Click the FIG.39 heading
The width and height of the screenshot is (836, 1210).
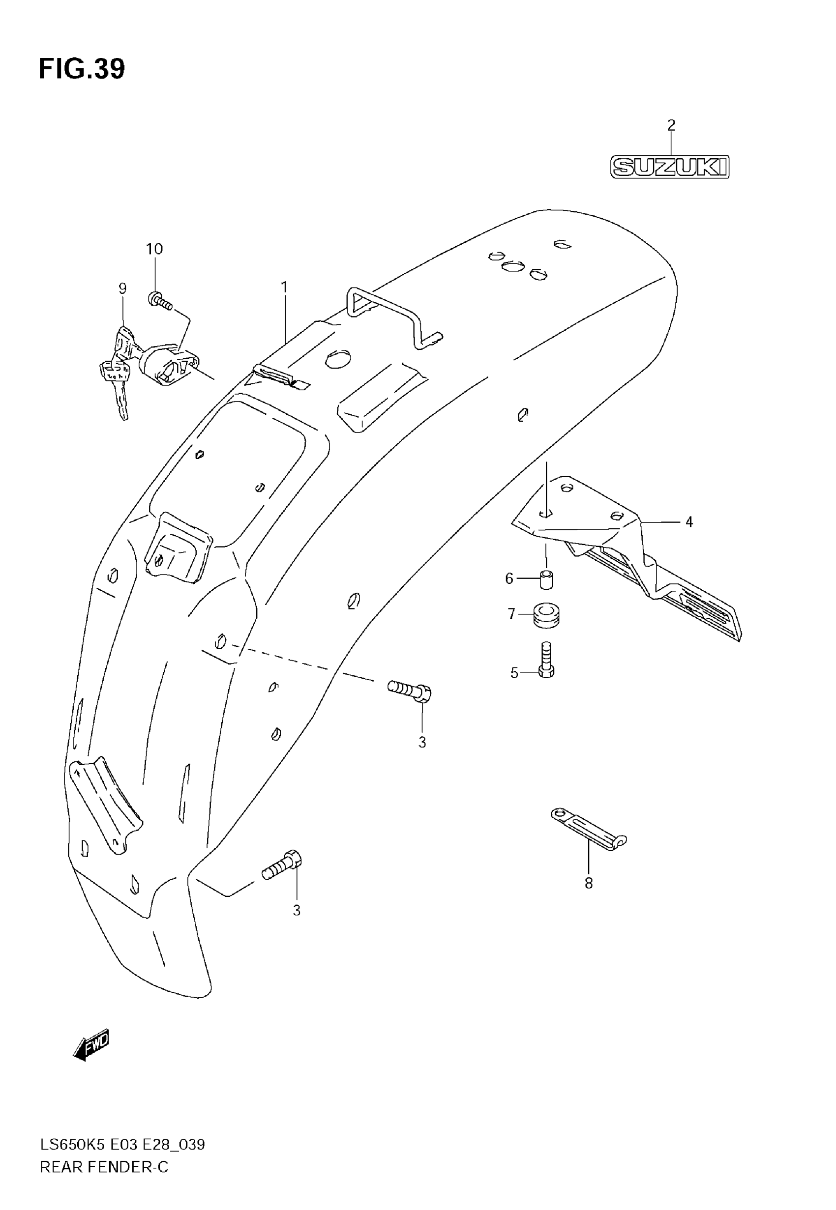point(82,69)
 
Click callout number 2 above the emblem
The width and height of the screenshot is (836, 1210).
point(671,126)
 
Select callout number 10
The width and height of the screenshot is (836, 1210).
point(154,249)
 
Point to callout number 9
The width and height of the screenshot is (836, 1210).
point(122,288)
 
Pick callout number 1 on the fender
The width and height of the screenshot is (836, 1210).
point(284,288)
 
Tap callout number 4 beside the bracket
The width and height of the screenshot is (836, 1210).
point(689,522)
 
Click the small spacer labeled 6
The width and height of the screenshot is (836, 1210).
point(546,580)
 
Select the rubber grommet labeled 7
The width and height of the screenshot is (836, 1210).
point(546,614)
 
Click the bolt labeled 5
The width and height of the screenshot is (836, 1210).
point(546,661)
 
